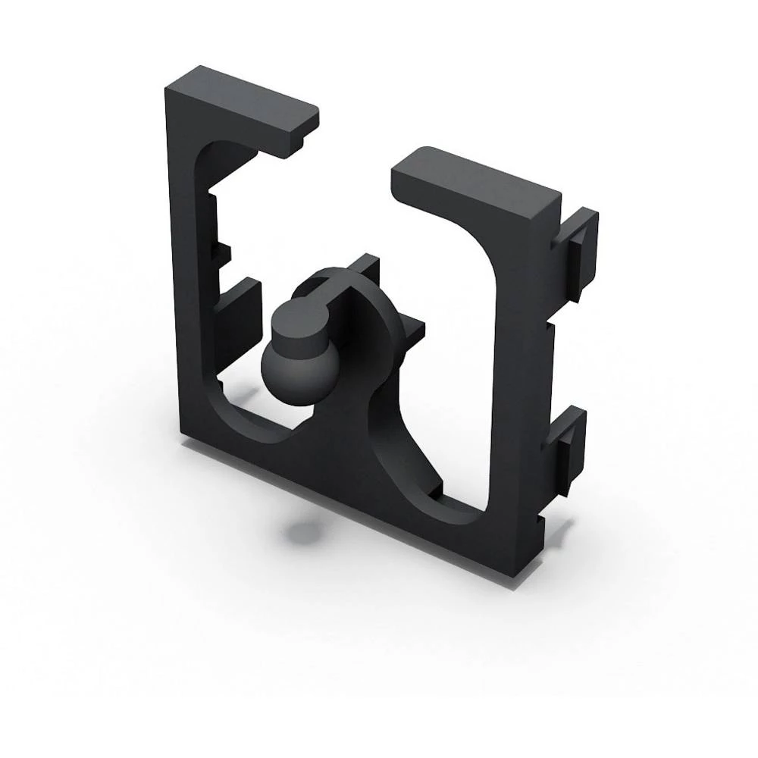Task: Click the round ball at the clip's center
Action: tap(298, 369)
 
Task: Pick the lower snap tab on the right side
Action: tap(569, 449)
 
